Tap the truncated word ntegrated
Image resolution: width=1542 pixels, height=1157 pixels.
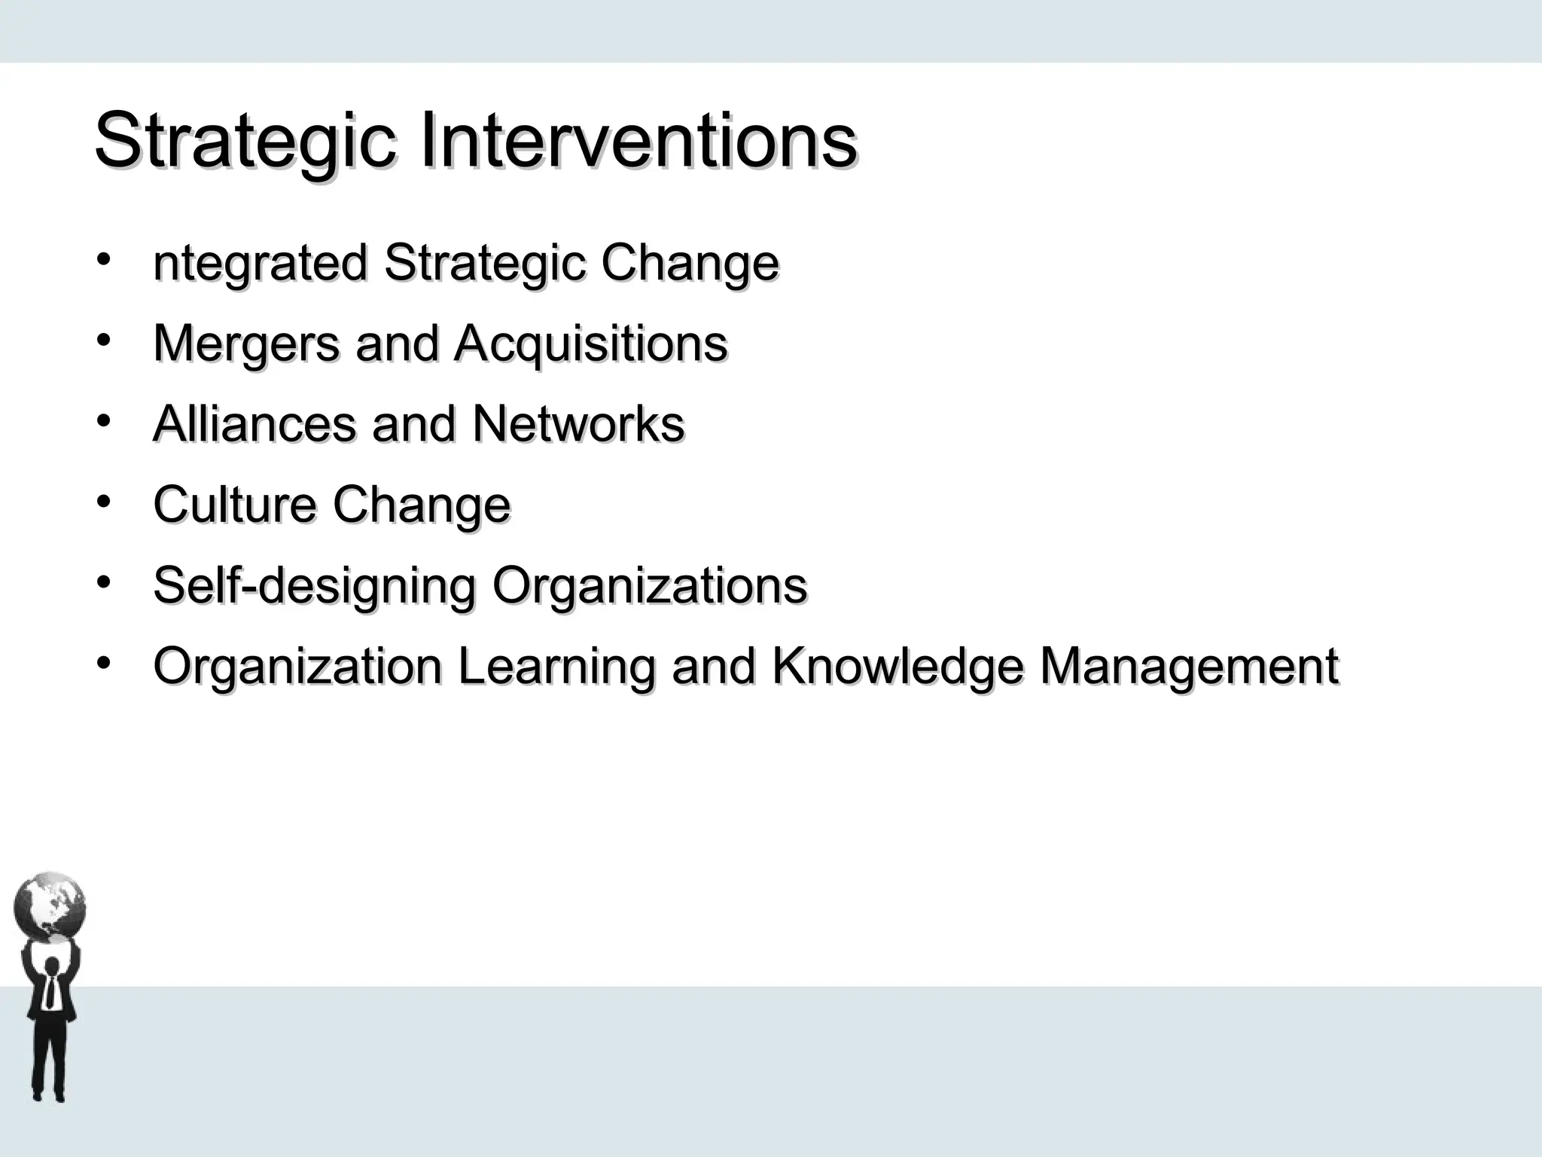tap(260, 264)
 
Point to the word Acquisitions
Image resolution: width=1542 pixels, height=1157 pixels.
tap(590, 344)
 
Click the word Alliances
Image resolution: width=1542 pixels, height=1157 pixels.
tap(254, 424)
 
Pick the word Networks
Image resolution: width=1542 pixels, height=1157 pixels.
tap(577, 424)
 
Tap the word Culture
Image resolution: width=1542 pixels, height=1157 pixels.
tap(234, 505)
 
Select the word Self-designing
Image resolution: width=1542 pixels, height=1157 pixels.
tap(314, 586)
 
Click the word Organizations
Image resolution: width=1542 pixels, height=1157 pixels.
tap(649, 586)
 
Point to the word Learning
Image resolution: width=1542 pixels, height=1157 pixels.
tap(556, 667)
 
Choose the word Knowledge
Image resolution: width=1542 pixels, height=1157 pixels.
tap(897, 667)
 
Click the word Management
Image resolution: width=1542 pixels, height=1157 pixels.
tap(1189, 667)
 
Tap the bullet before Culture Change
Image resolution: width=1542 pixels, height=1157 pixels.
tap(104, 501)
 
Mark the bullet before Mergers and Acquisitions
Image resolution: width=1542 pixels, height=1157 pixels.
tap(104, 340)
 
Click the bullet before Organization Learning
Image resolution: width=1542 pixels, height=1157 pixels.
tap(104, 663)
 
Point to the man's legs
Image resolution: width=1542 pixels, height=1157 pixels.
tap(50, 1062)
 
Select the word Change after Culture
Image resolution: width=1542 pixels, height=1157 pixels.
tap(422, 505)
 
